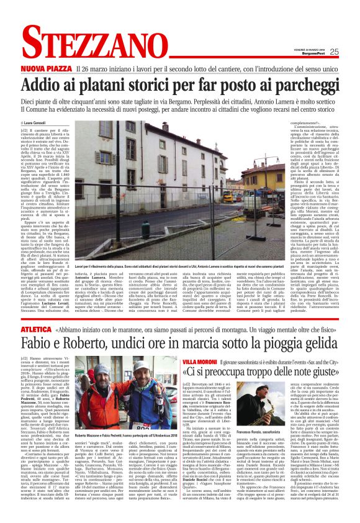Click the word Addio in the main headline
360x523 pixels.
(x=43, y=84)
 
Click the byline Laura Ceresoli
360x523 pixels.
(x=37, y=123)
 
